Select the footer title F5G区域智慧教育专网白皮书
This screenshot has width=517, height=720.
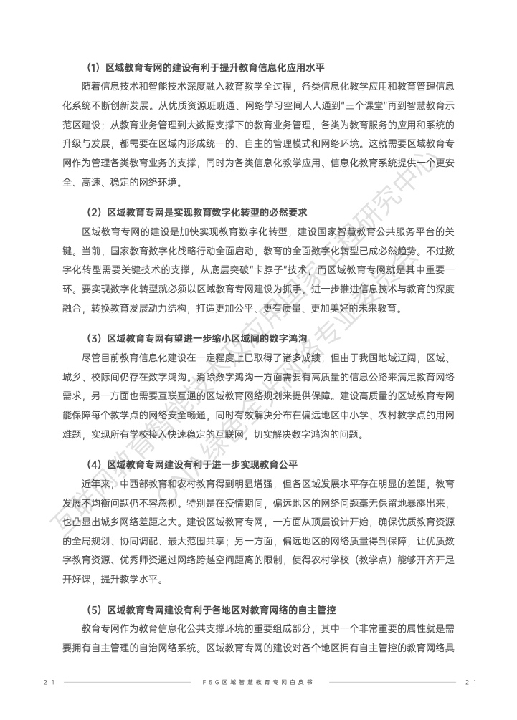(x=258, y=682)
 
